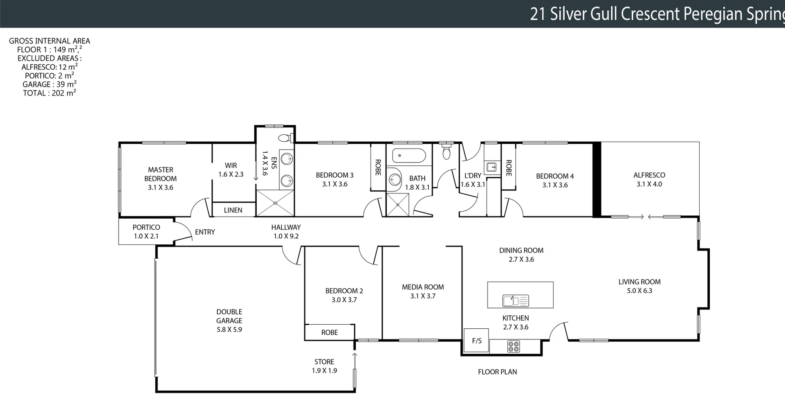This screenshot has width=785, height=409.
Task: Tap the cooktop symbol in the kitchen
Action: click(514, 346)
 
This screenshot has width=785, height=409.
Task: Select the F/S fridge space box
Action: click(476, 341)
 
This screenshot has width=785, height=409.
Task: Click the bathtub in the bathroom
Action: click(409, 156)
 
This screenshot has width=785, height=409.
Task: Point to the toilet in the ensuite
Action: click(285, 138)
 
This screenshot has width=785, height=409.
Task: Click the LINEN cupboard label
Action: click(233, 210)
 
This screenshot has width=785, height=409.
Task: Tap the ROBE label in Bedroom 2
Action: click(330, 332)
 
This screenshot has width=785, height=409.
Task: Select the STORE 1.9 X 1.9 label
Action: click(324, 366)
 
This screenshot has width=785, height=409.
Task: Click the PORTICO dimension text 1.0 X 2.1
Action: click(146, 236)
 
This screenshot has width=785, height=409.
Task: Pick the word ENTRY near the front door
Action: click(205, 232)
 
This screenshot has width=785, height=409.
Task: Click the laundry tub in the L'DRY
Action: click(491, 167)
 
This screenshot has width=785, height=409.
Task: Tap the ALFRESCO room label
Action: click(649, 175)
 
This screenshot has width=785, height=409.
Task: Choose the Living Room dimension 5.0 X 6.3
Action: click(639, 291)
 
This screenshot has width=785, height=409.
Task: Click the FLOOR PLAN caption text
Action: click(497, 372)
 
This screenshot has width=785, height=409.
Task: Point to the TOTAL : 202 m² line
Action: click(49, 93)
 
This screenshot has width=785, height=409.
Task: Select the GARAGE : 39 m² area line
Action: click(49, 84)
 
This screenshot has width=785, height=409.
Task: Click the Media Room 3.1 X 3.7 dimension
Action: click(423, 296)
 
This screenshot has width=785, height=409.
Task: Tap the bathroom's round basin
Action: click(395, 179)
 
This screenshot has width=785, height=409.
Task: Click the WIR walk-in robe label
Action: click(231, 165)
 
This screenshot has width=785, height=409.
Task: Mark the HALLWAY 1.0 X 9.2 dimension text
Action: click(286, 236)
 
